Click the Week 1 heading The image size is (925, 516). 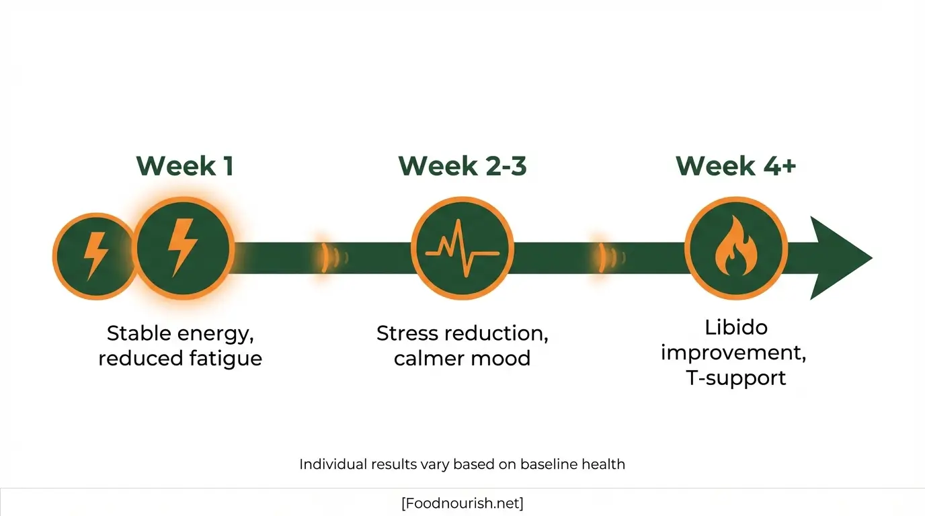(185, 166)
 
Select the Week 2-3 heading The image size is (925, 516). (462, 166)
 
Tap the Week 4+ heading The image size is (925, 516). (735, 166)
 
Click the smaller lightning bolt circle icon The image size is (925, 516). (94, 256)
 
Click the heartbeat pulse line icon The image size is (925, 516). (462, 248)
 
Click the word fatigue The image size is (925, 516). (224, 358)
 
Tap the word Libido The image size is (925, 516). (736, 328)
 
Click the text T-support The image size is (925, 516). (736, 378)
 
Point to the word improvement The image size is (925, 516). (733, 353)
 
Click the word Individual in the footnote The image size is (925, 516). (333, 464)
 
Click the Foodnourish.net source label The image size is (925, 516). (462, 503)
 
